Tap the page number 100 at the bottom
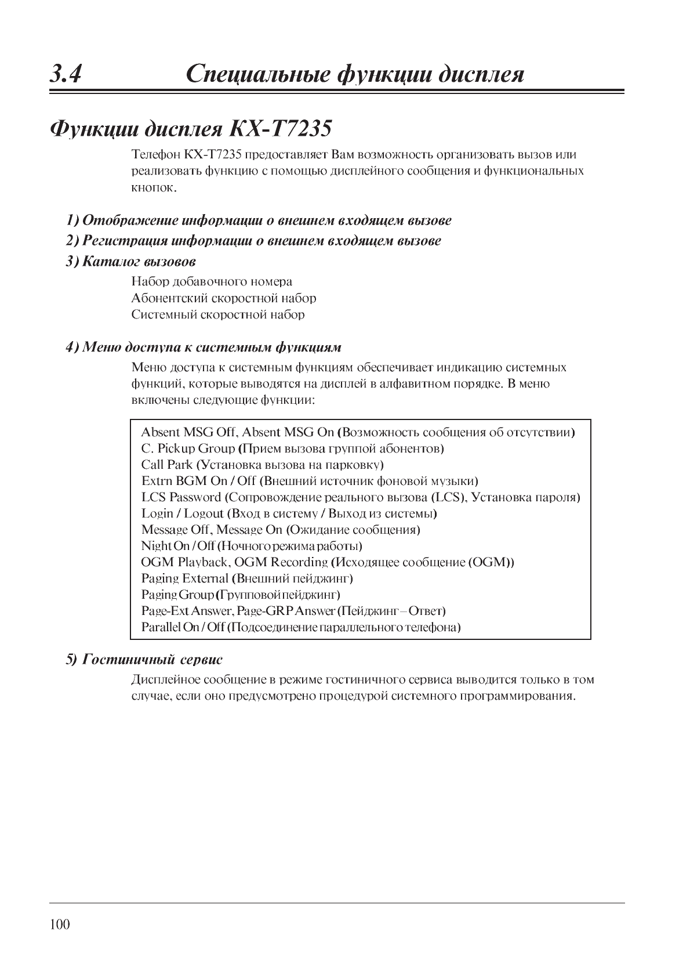(60, 924)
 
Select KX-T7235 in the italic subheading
(285, 129)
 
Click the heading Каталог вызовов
(139, 261)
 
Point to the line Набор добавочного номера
(212, 282)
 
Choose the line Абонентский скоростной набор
(223, 298)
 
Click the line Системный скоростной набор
(217, 314)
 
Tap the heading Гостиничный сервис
(152, 660)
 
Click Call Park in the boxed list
(167, 465)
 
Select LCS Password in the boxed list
(181, 497)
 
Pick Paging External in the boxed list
(185, 578)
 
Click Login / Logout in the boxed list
(182, 513)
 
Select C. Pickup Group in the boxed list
(188, 448)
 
